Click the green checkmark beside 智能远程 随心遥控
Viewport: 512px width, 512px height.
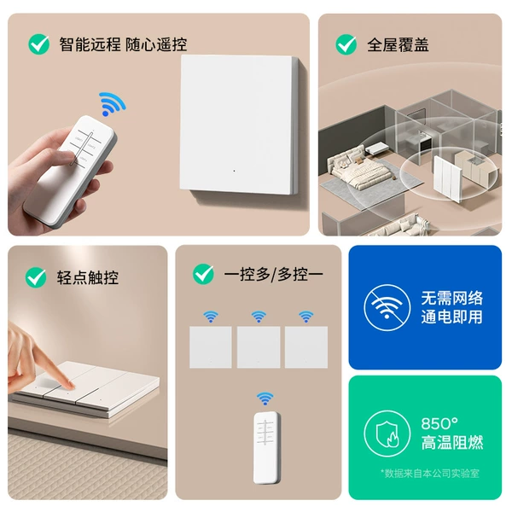coord(39,44)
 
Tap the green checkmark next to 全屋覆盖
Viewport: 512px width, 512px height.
coord(346,44)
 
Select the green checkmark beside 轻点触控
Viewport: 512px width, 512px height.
coord(36,277)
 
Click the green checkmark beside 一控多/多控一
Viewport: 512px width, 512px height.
coord(203,274)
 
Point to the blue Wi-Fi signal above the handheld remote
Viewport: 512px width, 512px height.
coord(112,104)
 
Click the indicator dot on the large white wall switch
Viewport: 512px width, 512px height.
coord(234,171)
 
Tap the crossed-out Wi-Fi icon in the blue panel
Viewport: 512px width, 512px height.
coord(387,307)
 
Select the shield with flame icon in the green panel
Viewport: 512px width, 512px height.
coord(387,433)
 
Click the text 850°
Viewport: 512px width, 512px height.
coord(439,424)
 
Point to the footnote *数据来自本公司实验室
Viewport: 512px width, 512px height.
coord(430,473)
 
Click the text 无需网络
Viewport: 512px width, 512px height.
coord(451,298)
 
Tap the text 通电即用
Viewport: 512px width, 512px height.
coord(451,317)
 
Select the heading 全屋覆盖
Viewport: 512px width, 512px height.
coord(398,44)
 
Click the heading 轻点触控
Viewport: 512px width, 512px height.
coord(88,277)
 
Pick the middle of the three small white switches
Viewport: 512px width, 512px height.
coord(259,347)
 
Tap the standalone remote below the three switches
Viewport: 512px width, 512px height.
coord(267,448)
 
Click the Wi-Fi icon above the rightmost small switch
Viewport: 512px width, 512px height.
coord(306,316)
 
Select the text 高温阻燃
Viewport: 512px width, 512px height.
coord(452,442)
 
